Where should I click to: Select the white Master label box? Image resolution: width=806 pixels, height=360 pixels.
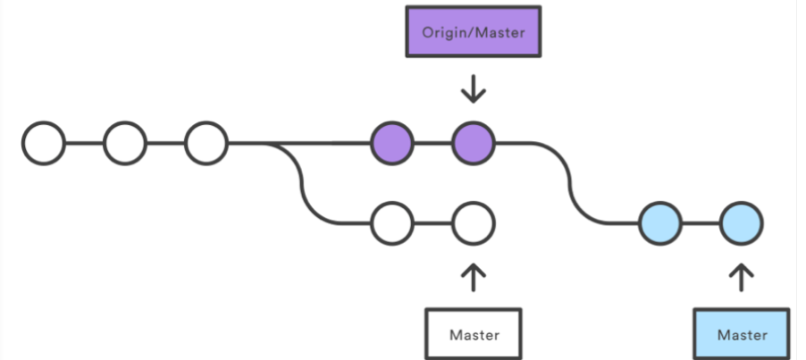point(473,335)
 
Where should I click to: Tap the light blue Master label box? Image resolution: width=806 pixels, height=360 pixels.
point(742,335)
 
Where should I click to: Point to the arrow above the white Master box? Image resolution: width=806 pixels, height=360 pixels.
point(473,276)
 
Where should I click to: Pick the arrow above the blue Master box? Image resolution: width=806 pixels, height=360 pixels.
point(742,276)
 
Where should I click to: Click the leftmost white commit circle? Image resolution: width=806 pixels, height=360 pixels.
point(44,142)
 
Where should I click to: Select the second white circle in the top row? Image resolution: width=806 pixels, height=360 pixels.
point(125,142)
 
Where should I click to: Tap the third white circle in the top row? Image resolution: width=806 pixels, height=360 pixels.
point(206,142)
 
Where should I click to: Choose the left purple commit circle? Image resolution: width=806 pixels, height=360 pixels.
point(392,142)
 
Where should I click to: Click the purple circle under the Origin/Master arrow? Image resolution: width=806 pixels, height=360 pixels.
point(473,142)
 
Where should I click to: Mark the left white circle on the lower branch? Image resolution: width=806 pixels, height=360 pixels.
point(392,222)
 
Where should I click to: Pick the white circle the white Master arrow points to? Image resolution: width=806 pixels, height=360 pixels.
point(473,222)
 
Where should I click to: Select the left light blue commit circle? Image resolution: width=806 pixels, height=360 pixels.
point(660,222)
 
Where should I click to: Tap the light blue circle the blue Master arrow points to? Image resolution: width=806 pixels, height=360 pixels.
point(742,222)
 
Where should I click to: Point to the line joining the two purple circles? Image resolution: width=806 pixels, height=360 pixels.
point(432,142)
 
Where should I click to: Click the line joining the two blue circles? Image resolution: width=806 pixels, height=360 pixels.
point(701,222)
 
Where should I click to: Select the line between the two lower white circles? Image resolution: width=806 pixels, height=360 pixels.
point(432,222)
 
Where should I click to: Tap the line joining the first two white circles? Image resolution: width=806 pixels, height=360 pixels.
point(85,142)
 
